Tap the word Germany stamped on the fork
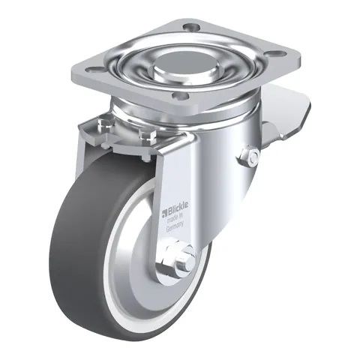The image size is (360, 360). point(175,226)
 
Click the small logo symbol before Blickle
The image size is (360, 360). point(164,212)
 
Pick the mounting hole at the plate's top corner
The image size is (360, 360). point(190,25)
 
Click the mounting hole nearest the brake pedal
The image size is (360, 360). point(277,54)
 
